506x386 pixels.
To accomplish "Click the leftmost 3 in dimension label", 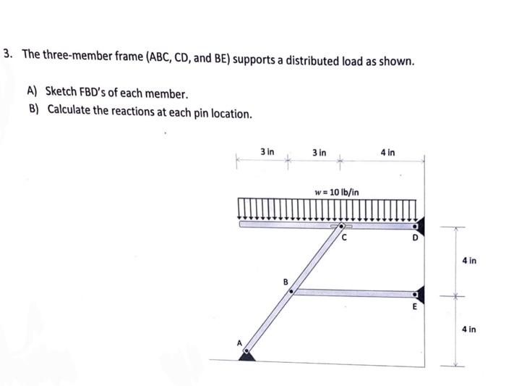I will click(x=267, y=152).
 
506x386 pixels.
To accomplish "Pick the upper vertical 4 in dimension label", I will click(x=468, y=260).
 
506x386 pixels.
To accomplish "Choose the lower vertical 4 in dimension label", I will click(x=468, y=330).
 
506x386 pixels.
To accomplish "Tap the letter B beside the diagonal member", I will click(x=285, y=281).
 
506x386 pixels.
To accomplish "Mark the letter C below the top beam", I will click(x=345, y=236).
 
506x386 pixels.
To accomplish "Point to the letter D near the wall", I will click(x=415, y=236).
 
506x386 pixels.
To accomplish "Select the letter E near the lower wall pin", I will click(x=415, y=306).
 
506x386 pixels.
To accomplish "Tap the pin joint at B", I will click(x=291, y=292).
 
